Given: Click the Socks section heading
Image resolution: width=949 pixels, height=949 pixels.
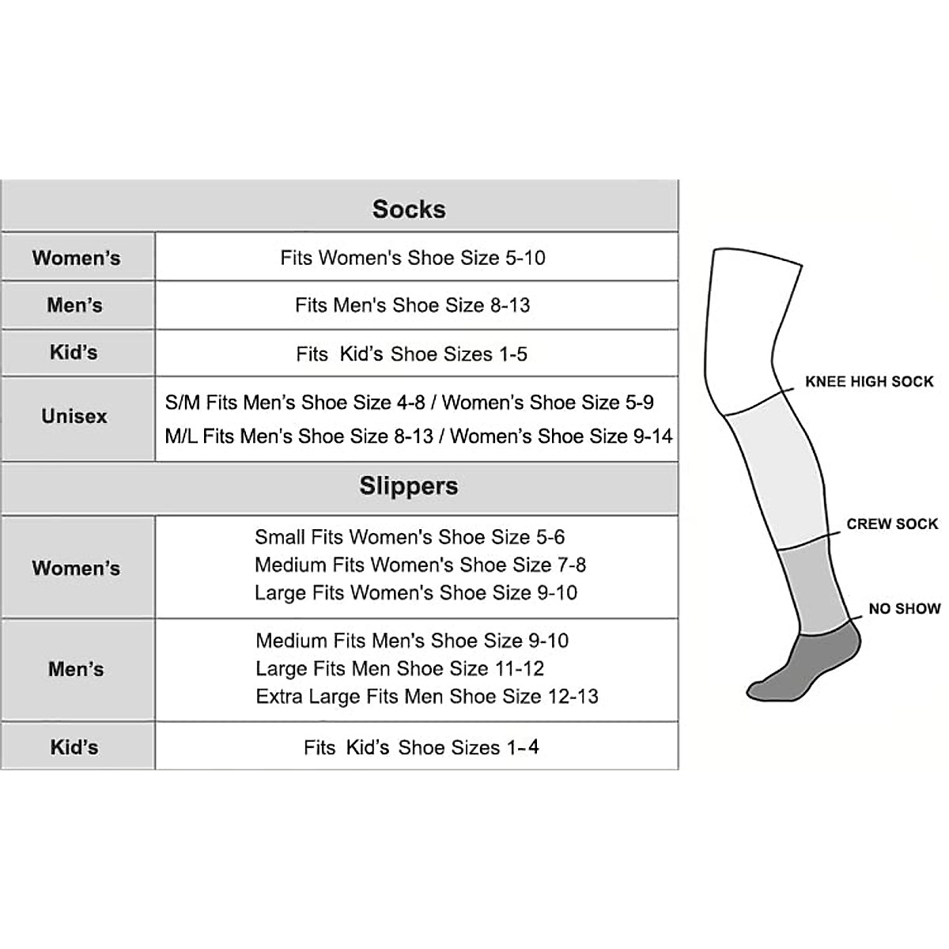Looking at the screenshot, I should [x=409, y=209].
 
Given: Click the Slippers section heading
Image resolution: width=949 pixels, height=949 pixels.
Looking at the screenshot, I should [x=409, y=486].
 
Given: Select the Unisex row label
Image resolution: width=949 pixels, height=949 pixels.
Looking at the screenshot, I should [x=74, y=416].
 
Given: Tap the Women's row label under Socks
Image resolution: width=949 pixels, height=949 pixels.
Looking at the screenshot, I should [x=76, y=258].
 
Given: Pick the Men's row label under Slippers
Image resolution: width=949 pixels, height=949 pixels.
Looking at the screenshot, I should [x=76, y=669].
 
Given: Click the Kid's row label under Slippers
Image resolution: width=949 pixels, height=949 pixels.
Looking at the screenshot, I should [x=74, y=747].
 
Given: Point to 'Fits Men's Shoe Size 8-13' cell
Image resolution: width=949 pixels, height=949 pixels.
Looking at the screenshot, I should [x=413, y=305].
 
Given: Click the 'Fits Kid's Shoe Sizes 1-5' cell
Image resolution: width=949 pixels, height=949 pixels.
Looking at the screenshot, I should [x=412, y=354].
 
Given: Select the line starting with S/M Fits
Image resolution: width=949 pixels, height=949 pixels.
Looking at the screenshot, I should [x=410, y=403].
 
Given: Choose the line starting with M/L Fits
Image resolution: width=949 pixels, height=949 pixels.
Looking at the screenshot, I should [x=419, y=436].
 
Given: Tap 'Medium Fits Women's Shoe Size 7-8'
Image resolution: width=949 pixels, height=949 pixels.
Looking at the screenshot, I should [x=420, y=565].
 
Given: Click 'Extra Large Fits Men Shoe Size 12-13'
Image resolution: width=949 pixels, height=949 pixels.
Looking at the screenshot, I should [x=427, y=696].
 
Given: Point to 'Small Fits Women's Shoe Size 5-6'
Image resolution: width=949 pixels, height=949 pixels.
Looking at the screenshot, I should [x=410, y=537].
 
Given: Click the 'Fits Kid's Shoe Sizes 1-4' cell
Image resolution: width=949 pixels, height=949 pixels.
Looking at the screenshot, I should [x=422, y=747].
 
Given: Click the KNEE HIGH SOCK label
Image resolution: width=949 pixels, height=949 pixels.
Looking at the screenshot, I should [x=869, y=382].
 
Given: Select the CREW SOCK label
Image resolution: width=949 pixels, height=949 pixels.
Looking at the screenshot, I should [x=892, y=524].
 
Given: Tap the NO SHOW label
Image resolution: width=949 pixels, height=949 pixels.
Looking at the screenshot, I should [x=905, y=609].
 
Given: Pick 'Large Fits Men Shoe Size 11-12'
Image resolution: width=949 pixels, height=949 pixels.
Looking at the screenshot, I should [x=400, y=668].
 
